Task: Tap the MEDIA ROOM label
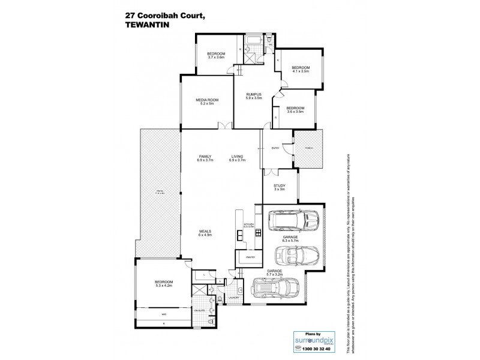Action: coord(206,101)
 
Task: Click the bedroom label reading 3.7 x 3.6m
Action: coord(215,55)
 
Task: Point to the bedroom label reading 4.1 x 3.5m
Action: coord(300,69)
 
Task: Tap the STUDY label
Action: coord(279,188)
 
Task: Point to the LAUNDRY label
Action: coord(235,297)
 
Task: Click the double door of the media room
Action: coord(224,126)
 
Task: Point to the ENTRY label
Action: coord(275,148)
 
